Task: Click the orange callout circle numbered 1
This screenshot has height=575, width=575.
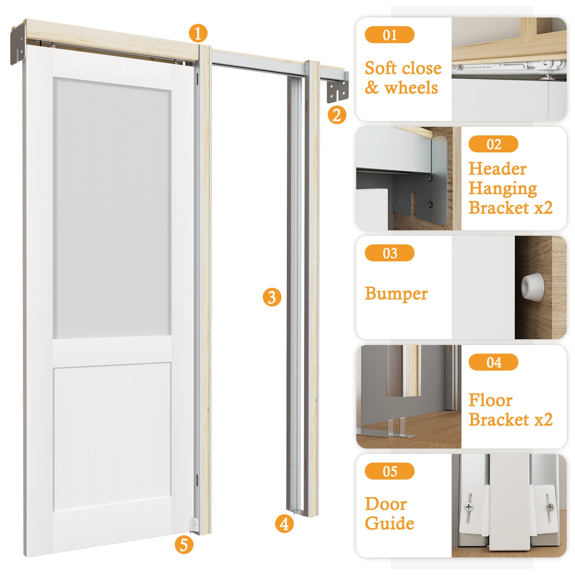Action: [198, 33]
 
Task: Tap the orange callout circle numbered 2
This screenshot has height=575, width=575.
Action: [337, 115]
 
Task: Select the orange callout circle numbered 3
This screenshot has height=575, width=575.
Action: [272, 297]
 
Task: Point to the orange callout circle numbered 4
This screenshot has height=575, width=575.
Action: [284, 524]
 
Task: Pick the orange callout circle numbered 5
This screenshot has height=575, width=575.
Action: [184, 544]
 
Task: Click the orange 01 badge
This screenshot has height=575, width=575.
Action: [389, 35]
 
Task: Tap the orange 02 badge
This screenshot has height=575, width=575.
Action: [493, 144]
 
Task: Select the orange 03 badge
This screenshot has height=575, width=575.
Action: [389, 253]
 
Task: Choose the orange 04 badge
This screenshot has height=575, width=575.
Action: [493, 362]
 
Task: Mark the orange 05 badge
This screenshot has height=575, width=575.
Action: [389, 471]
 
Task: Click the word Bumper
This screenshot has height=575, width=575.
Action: [396, 294]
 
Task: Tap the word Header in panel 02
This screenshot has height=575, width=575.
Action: [498, 169]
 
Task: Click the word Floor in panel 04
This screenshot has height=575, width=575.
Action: [490, 400]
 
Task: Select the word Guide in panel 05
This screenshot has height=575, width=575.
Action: [389, 523]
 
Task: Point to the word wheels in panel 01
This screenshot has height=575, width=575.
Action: [411, 88]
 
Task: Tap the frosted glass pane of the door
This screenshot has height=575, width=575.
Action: [112, 209]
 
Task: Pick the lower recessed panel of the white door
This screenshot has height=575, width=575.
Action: [112, 437]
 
